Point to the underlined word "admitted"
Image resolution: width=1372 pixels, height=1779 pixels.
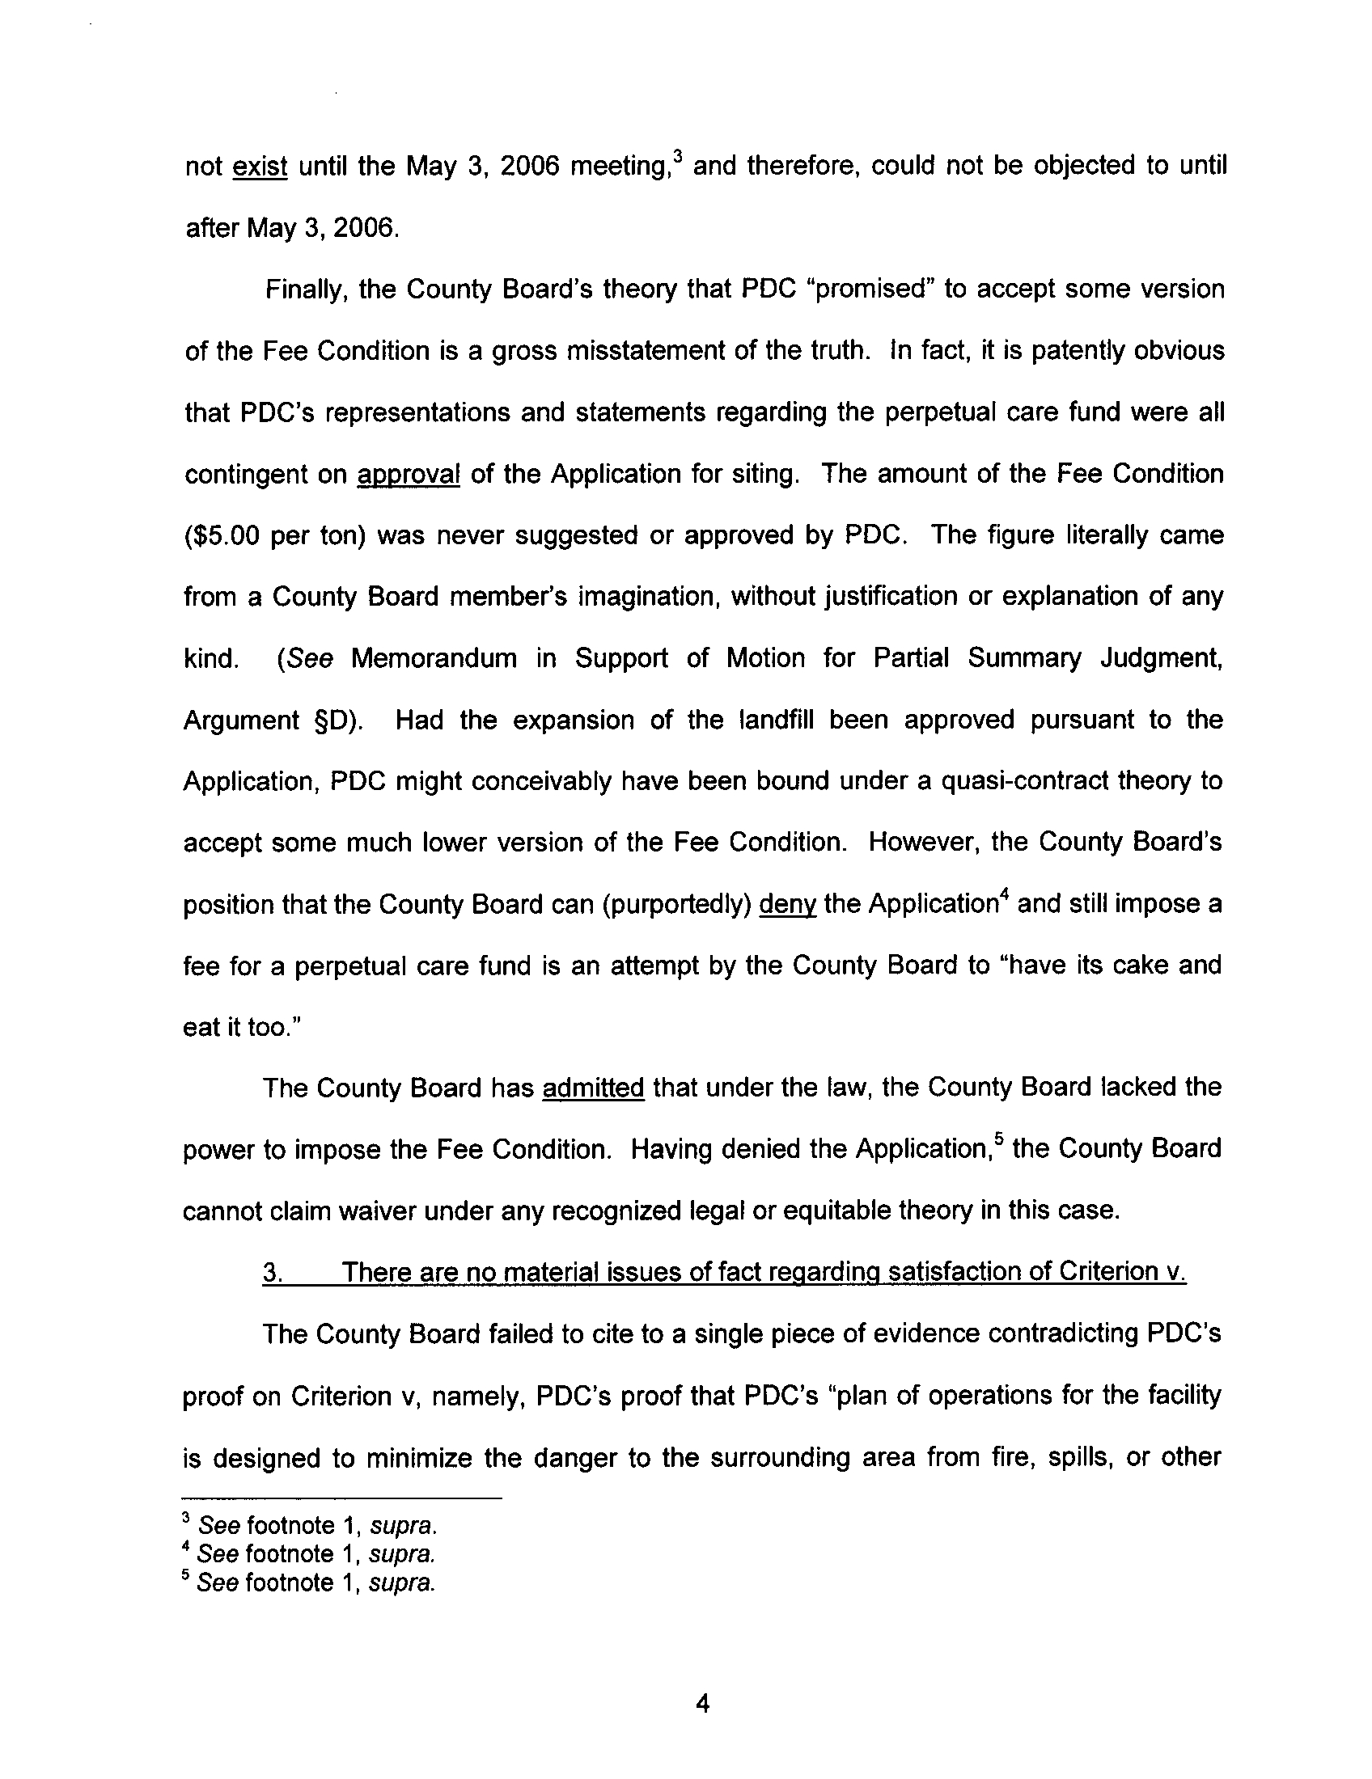click(x=593, y=1088)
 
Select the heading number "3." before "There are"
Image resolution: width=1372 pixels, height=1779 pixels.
click(x=273, y=1271)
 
